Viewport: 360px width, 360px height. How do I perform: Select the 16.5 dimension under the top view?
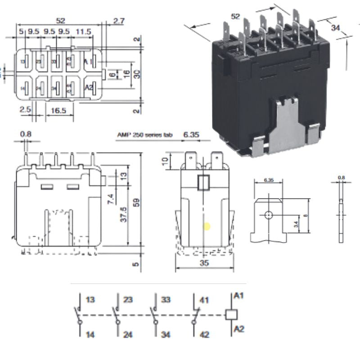point(59,110)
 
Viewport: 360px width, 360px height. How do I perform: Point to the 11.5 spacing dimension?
point(83,31)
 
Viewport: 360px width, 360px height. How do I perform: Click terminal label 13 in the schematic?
point(90,299)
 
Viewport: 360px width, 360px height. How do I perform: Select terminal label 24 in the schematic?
point(128,335)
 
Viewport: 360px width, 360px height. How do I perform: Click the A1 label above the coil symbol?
point(239,296)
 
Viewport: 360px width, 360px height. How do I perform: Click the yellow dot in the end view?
point(207,226)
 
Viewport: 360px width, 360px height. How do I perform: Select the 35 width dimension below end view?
point(204,263)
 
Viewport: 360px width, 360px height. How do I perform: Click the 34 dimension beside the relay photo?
point(335,28)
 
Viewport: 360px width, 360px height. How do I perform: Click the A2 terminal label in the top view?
point(89,87)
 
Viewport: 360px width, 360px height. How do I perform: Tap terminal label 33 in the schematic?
point(166,299)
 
